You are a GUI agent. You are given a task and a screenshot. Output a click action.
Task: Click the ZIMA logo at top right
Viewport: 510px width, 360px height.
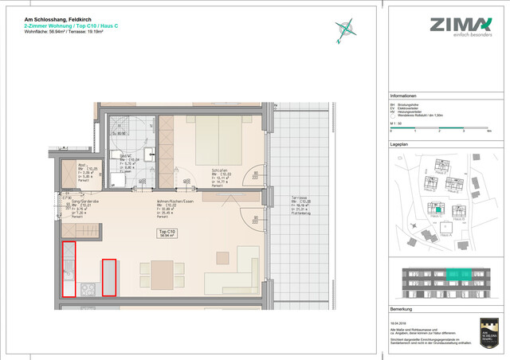(x=461, y=25)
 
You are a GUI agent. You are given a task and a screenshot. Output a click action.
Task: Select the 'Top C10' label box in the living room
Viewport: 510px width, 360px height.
(x=168, y=233)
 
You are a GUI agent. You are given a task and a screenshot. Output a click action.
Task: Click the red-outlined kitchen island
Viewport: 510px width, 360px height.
(x=108, y=278)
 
